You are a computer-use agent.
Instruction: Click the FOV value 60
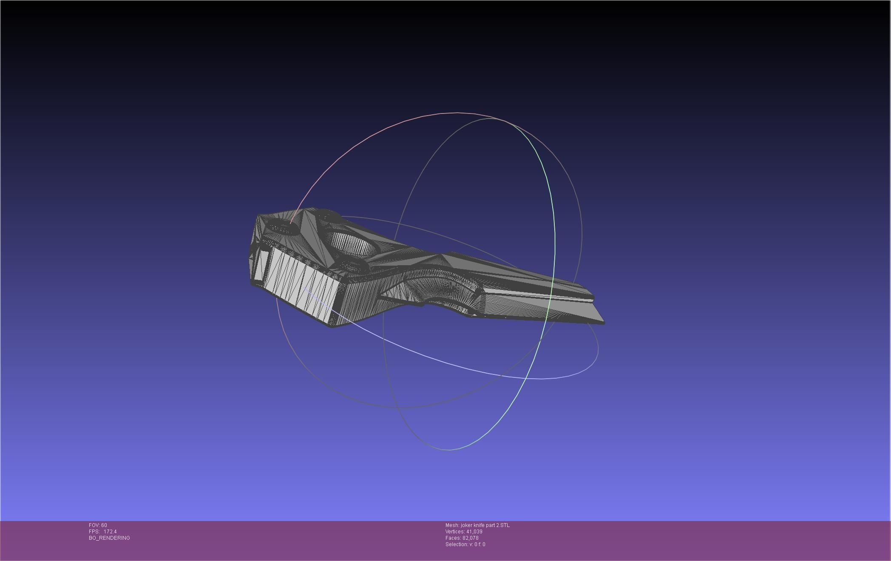pos(104,525)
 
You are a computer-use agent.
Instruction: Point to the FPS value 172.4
pos(110,532)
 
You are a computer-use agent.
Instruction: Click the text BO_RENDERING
pos(109,538)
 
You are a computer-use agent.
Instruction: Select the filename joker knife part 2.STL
pos(485,525)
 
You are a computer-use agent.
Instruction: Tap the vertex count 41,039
pos(474,532)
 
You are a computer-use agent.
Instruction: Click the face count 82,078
pos(470,538)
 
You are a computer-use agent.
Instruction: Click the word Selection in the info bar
pos(456,544)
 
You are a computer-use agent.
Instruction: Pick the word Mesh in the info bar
pos(451,525)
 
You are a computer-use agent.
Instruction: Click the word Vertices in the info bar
pos(454,532)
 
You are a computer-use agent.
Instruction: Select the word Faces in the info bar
pos(453,538)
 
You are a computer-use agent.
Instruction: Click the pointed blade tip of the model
pos(603,323)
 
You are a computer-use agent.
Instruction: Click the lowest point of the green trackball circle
pos(449,450)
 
